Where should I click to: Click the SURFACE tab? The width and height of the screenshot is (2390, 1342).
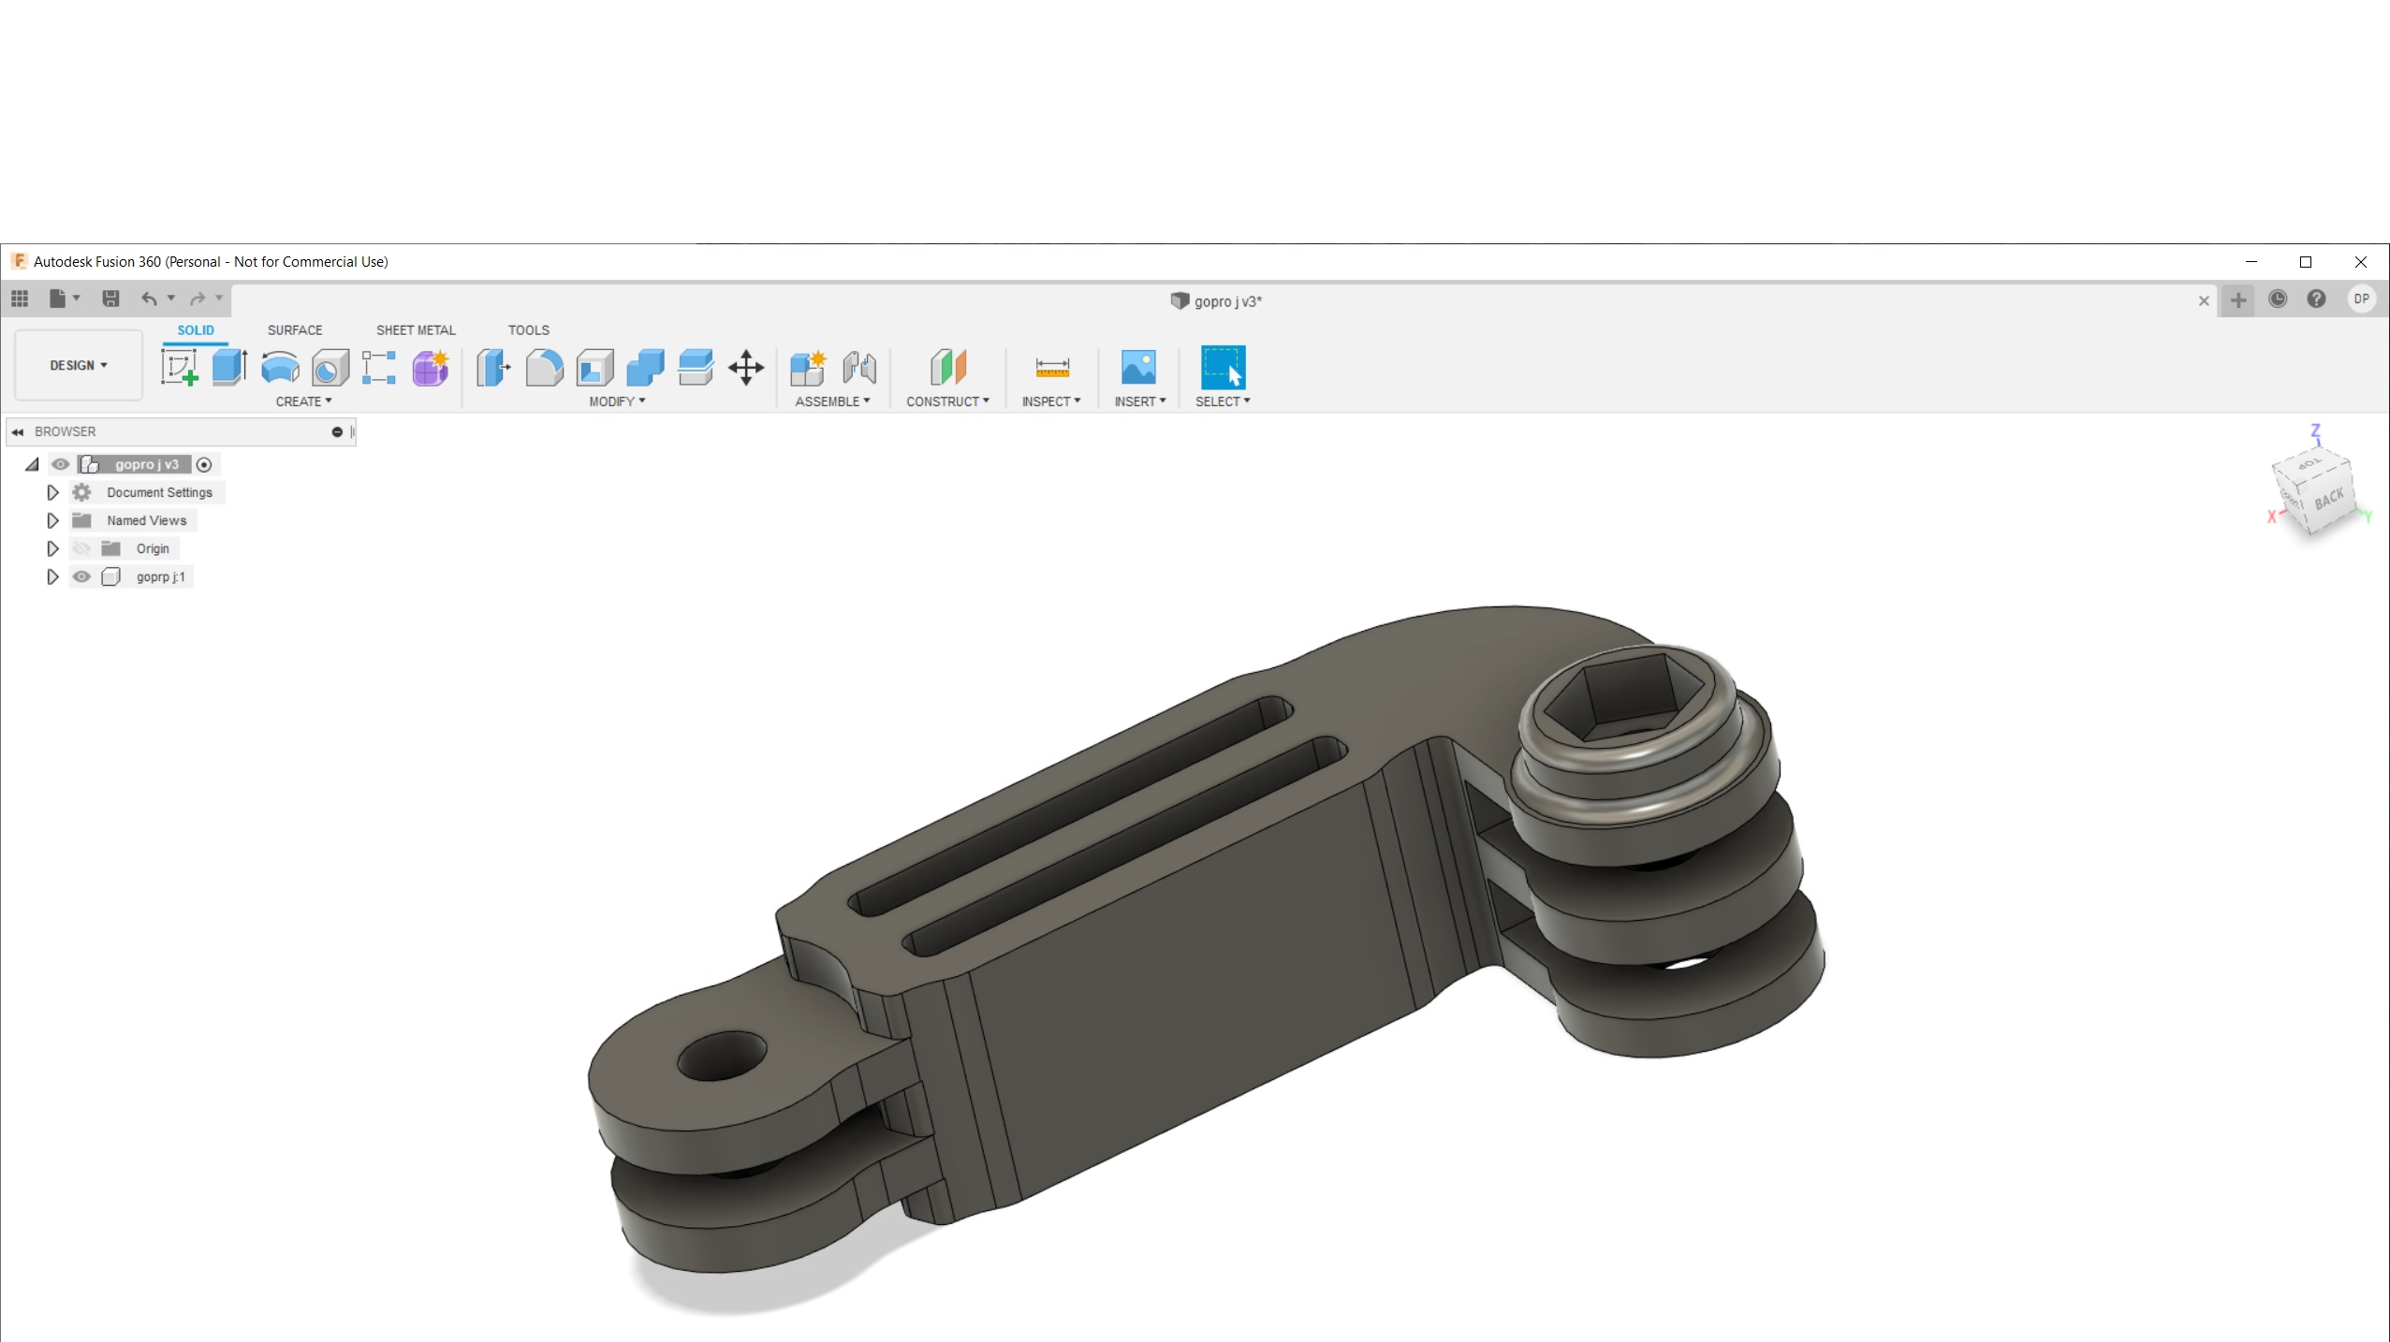pyautogui.click(x=294, y=330)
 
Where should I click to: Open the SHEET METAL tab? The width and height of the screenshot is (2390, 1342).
pyautogui.click(x=416, y=330)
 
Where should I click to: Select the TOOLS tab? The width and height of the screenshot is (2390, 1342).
pyautogui.click(x=528, y=330)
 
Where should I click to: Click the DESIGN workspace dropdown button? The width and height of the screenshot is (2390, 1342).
pyautogui.click(x=79, y=365)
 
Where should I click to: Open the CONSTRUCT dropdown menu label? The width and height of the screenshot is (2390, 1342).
pyautogui.click(x=946, y=401)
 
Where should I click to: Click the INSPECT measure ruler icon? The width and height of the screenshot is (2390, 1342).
pyautogui.click(x=1051, y=368)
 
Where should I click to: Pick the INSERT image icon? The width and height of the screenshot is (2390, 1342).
pyautogui.click(x=1137, y=368)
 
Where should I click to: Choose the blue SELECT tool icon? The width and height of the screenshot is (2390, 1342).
pyautogui.click(x=1223, y=368)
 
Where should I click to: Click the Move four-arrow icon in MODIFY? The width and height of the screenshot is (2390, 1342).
pyautogui.click(x=745, y=368)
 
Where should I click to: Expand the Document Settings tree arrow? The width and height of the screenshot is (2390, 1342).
pyautogui.click(x=52, y=492)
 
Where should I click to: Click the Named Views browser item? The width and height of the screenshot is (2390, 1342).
pyautogui.click(x=146, y=520)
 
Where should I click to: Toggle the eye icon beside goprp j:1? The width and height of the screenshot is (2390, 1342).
pyautogui.click(x=81, y=576)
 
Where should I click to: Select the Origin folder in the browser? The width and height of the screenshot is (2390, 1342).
pyautogui.click(x=152, y=548)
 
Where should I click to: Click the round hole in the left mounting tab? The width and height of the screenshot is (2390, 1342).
pyautogui.click(x=721, y=1057)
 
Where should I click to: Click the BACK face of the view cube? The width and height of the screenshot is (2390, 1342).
pyautogui.click(x=2329, y=499)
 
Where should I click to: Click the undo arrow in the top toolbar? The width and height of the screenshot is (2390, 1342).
pyautogui.click(x=148, y=299)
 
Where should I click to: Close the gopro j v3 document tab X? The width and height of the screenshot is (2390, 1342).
pyautogui.click(x=2203, y=300)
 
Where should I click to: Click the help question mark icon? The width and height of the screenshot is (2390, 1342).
pyautogui.click(x=2316, y=299)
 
